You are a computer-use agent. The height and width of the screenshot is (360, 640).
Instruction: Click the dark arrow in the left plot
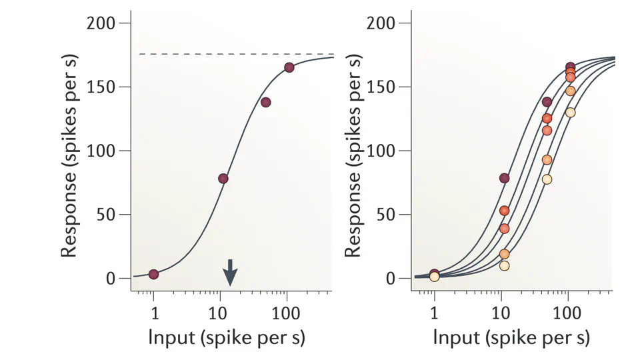(x=229, y=272)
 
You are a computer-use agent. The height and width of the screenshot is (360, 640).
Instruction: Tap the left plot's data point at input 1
(x=153, y=274)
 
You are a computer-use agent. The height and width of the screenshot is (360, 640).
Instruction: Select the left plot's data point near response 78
(x=223, y=179)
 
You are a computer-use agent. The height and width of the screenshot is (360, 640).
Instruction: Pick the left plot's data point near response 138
(x=265, y=102)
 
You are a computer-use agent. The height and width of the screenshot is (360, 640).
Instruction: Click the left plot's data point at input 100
(x=289, y=67)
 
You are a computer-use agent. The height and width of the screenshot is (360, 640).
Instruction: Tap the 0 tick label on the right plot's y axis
(x=391, y=279)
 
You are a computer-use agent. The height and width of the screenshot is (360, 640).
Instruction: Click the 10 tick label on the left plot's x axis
(x=219, y=312)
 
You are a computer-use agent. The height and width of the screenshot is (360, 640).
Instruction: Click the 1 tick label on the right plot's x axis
(x=434, y=312)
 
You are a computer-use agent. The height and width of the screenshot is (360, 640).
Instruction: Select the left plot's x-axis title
(x=227, y=338)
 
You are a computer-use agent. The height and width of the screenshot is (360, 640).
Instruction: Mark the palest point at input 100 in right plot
(x=570, y=112)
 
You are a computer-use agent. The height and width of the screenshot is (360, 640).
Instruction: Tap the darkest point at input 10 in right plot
(x=504, y=178)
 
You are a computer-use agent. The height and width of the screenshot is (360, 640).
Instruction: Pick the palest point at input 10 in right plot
(x=504, y=265)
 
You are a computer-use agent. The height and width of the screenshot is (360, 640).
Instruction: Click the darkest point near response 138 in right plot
(x=547, y=102)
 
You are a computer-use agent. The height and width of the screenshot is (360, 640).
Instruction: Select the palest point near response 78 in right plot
(x=547, y=179)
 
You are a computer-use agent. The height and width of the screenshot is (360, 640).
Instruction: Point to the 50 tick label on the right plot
(x=386, y=215)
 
